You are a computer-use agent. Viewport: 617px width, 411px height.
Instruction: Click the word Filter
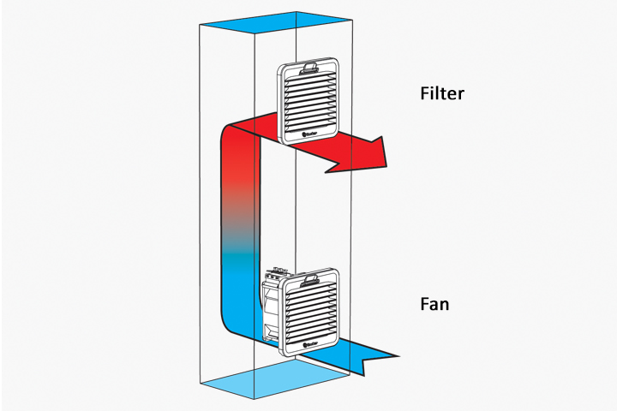click(441, 93)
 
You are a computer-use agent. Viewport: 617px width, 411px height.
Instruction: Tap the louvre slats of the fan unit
click(315, 310)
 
